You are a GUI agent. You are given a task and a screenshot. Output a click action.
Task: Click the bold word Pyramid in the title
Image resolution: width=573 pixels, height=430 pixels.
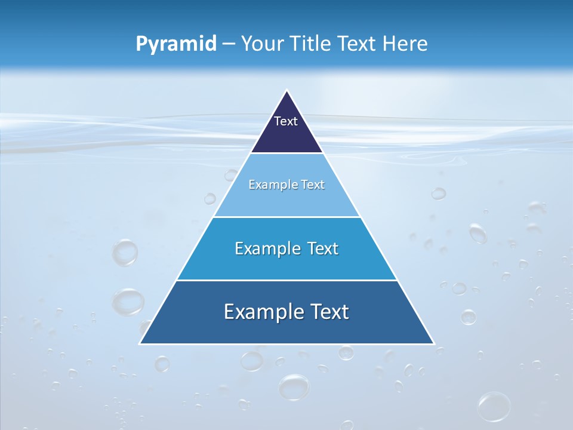coord(176,44)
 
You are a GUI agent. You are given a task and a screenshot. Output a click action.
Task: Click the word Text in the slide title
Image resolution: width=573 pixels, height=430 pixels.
coord(359,44)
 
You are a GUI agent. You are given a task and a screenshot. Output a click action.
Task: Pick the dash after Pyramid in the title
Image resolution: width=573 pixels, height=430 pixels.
coord(229,45)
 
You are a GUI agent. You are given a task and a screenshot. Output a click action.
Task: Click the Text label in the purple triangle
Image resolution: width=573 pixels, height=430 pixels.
coord(286,121)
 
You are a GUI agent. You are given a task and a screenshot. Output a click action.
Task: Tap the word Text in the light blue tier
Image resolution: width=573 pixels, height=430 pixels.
coord(313,185)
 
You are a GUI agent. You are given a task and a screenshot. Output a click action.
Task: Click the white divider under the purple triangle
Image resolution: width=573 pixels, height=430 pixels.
coord(286,153)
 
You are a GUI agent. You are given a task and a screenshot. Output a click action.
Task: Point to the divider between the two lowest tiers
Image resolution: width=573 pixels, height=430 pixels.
coord(286,280)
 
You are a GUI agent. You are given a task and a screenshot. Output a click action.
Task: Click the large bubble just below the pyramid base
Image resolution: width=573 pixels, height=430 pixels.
coord(294,386)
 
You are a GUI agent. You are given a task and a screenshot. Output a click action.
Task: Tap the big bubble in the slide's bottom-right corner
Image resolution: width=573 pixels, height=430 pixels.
coord(494,406)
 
